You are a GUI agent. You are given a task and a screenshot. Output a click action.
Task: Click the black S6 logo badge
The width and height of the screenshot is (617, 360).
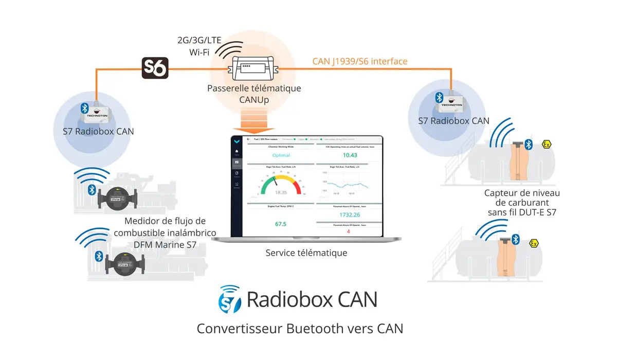click(155, 67)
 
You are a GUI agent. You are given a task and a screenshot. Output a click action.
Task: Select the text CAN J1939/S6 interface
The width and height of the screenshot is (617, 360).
click(360, 62)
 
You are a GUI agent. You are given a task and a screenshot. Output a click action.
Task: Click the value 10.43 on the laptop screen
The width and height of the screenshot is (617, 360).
click(350, 155)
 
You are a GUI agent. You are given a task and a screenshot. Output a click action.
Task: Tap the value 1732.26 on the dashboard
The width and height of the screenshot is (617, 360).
click(350, 214)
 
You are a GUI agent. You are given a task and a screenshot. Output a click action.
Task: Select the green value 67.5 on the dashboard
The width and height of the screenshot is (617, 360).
click(281, 224)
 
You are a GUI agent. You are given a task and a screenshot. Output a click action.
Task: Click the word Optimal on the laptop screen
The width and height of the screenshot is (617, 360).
click(281, 155)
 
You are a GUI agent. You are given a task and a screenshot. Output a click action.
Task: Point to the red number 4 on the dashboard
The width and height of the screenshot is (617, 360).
click(348, 231)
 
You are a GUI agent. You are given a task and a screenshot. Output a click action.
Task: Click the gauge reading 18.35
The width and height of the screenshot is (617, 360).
click(281, 192)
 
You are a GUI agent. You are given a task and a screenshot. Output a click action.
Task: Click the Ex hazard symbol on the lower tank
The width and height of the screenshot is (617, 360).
click(534, 243)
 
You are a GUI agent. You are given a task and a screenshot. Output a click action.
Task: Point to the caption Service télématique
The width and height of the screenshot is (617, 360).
click(306, 253)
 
